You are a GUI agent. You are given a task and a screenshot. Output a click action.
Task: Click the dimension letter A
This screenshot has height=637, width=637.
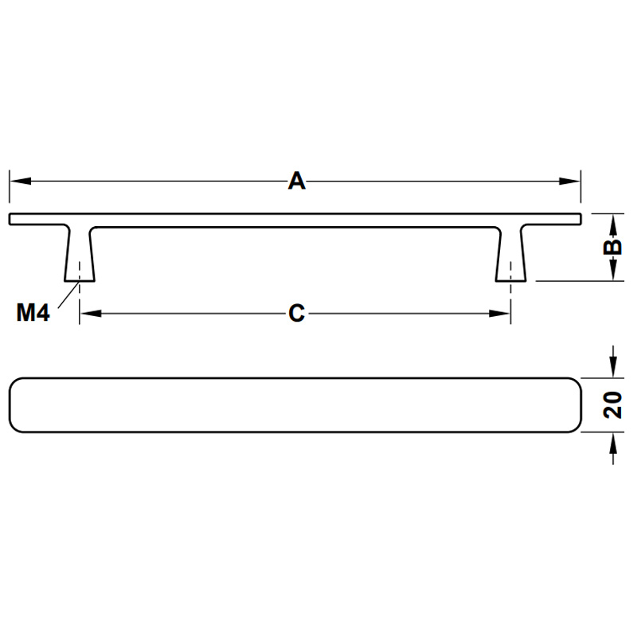pyautogui.click(x=296, y=182)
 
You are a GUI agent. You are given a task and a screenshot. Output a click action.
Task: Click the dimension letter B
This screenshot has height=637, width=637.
pyautogui.click(x=612, y=247)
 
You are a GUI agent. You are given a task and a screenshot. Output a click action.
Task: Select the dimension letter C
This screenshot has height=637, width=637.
pyautogui.click(x=296, y=313)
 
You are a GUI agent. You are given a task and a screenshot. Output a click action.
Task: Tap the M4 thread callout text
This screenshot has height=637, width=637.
pyautogui.click(x=33, y=312)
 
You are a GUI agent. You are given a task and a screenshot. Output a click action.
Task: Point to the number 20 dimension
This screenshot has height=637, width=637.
pyautogui.click(x=612, y=405)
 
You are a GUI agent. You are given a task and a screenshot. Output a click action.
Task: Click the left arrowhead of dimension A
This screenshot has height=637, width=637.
pyautogui.click(x=21, y=182)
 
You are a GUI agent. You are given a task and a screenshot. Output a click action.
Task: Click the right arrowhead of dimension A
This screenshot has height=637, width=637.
pyautogui.click(x=569, y=182)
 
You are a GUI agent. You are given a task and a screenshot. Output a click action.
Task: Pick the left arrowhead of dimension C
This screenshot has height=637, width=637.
pyautogui.click(x=91, y=313)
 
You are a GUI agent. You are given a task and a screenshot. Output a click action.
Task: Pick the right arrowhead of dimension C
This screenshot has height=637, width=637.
pyautogui.click(x=499, y=313)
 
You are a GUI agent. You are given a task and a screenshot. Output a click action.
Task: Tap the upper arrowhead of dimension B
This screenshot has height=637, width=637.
pyautogui.click(x=613, y=225)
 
